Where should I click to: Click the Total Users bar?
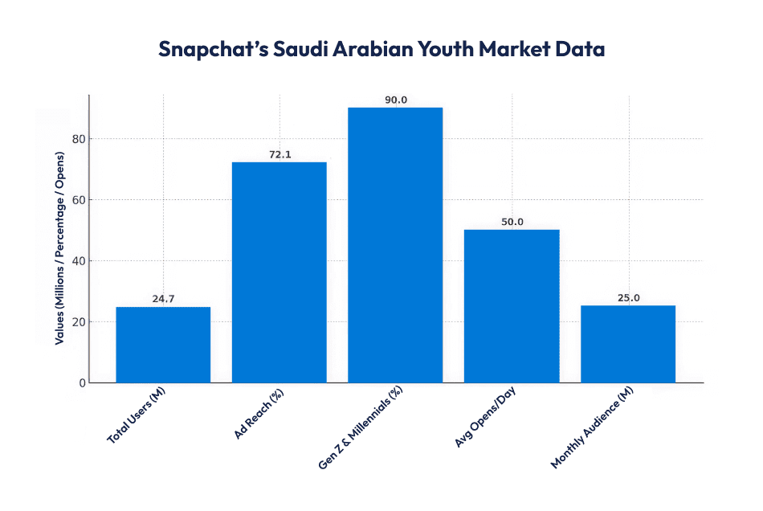coord(163,345)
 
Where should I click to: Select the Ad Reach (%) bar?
coord(279,272)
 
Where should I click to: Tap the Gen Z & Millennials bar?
coord(395,245)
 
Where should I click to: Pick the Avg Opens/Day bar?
coord(512,306)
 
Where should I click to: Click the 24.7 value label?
coord(163,299)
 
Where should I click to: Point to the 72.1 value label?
coord(279,154)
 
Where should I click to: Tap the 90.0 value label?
coord(395,100)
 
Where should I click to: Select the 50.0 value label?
coord(512,222)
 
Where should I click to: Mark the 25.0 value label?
coord(628,298)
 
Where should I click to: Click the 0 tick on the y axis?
coord(82,383)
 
